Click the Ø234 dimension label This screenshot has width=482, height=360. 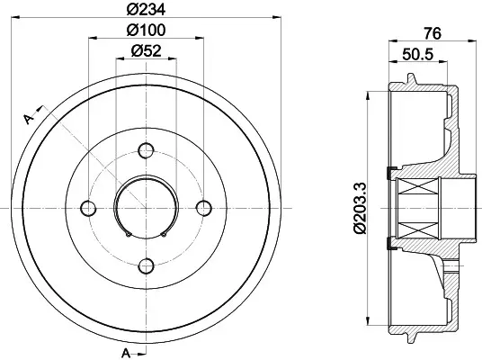tap(146, 10)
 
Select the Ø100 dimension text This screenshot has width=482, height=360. tap(146, 30)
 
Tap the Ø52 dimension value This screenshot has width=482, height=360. tap(146, 50)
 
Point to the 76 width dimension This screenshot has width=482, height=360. tap(433, 33)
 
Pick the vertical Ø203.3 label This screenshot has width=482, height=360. tap(361, 208)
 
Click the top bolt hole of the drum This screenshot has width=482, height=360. tap(146, 150)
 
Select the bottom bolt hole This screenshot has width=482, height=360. tap(146, 265)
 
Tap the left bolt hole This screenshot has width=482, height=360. tap(88, 208)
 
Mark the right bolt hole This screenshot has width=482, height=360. tap(204, 208)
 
